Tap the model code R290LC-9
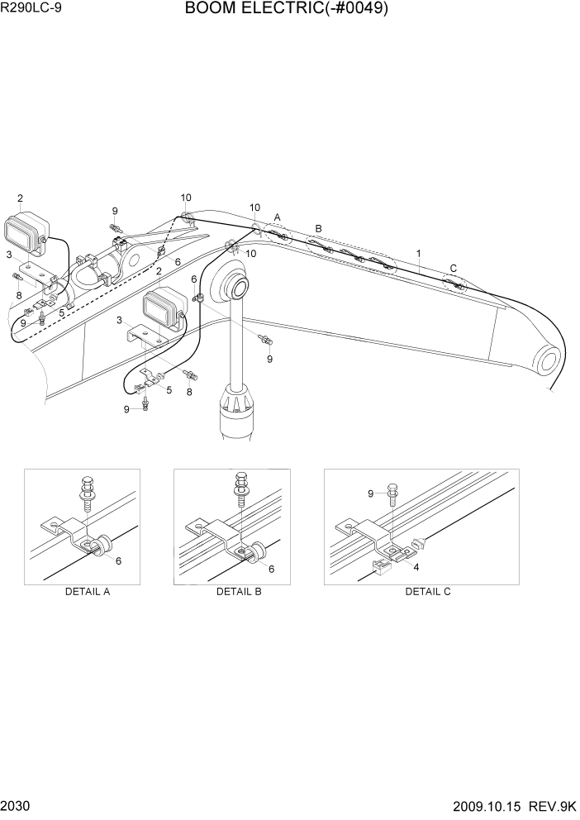(32, 10)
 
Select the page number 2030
(16, 806)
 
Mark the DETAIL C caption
(427, 592)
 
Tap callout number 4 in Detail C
(416, 568)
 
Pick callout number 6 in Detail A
(118, 561)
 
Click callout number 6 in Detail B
(270, 570)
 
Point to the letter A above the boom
(278, 217)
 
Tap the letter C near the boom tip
(452, 268)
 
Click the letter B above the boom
(318, 228)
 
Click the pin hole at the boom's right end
(548, 360)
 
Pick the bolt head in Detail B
(240, 479)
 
